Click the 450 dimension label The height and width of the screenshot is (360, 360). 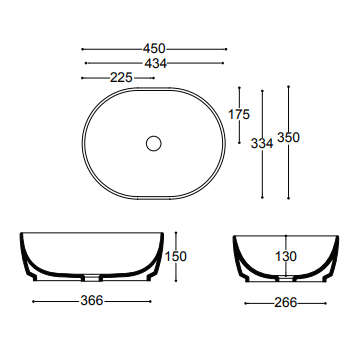pyautogui.click(x=153, y=48)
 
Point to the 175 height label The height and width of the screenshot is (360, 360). pyautogui.click(x=239, y=115)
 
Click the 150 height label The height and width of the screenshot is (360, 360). pyautogui.click(x=176, y=257)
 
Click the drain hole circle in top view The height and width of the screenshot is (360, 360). pyautogui.click(x=153, y=143)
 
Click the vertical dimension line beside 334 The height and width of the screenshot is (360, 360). pyautogui.click(x=262, y=110)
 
